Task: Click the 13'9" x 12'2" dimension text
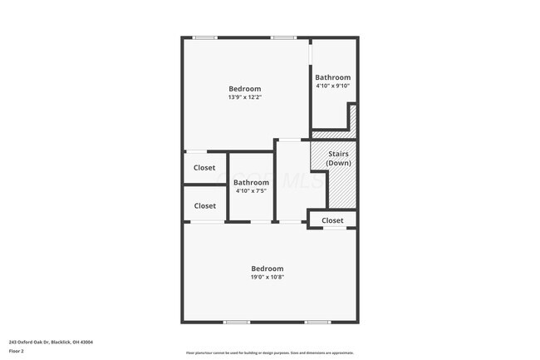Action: [245, 97]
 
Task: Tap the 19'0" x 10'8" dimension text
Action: [268, 278]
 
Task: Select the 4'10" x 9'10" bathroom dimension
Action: [332, 86]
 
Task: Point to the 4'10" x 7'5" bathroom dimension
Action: [251, 190]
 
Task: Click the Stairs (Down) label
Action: [338, 158]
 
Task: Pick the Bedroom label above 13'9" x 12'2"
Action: [245, 89]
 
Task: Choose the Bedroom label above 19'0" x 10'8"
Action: [268, 269]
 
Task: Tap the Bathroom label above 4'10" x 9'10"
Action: [332, 77]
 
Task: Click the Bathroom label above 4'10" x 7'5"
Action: [251, 182]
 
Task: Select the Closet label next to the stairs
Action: [332, 220]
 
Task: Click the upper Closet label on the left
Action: [204, 168]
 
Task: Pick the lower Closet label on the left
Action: [204, 205]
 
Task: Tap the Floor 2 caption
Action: [17, 351]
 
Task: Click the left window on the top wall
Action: [205, 37]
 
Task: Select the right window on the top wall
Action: [282, 37]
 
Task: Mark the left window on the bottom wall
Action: [237, 322]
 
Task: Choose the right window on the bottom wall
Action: [317, 322]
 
